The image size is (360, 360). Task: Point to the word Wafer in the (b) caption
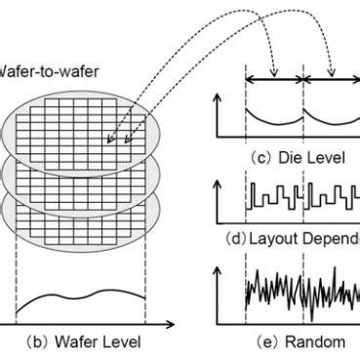pos(82,341)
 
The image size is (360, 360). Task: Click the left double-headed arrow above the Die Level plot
pos(275,78)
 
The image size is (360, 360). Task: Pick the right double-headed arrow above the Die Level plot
pos(332,78)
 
